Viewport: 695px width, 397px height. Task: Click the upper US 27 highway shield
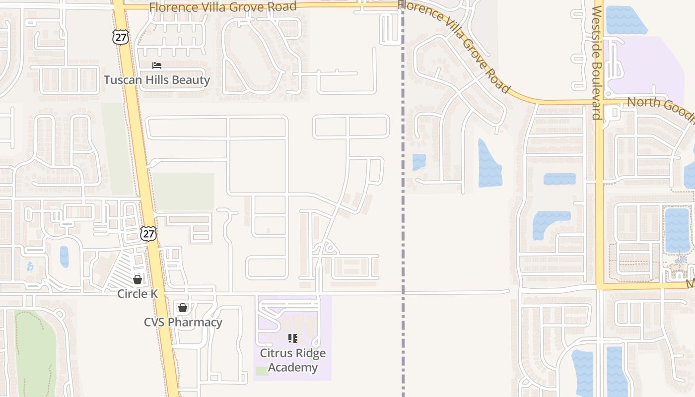point(120,36)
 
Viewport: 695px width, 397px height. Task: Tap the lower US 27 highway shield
point(148,233)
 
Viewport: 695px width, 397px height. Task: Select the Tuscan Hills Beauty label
point(157,80)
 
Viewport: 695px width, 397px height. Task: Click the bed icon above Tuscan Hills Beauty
point(157,66)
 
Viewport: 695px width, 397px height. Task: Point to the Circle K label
point(138,294)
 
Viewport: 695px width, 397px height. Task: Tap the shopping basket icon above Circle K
point(138,279)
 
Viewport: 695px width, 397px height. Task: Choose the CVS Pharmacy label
point(183,322)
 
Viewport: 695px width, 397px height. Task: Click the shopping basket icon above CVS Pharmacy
point(183,308)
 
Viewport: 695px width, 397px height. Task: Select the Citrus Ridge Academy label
point(293,360)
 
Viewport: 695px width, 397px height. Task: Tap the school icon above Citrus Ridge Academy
point(293,338)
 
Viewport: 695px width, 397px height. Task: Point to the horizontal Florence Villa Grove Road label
point(223,7)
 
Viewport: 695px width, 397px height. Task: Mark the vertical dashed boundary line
point(403,223)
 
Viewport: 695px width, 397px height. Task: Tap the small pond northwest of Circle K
point(65,257)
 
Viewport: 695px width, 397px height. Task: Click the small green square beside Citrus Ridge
point(262,371)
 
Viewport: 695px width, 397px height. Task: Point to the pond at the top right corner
point(625,20)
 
